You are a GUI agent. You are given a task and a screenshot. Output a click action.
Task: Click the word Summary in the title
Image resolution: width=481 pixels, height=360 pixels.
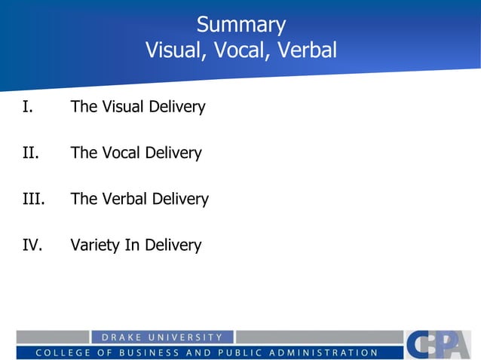click(240, 25)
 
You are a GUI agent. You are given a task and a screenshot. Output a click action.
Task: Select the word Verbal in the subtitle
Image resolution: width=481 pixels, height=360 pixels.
click(306, 50)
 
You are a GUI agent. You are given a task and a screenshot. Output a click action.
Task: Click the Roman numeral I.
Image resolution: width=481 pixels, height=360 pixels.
click(27, 107)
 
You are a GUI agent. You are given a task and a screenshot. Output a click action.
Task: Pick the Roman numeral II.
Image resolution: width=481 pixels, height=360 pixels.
click(29, 154)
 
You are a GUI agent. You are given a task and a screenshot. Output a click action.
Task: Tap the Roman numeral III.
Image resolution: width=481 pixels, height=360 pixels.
click(33, 200)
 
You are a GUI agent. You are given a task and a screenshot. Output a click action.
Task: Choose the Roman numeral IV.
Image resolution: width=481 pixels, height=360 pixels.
click(32, 246)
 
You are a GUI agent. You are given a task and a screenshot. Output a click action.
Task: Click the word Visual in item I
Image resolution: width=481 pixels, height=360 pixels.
click(121, 107)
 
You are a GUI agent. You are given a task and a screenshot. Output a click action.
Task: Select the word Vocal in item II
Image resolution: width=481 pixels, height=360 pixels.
click(121, 154)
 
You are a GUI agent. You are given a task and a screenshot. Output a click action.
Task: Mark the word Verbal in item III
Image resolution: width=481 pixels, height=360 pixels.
click(124, 200)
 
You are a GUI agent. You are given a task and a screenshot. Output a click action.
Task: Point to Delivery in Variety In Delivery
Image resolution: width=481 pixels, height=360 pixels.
click(173, 246)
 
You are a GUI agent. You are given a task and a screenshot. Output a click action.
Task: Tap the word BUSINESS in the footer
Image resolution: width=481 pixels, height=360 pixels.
click(146, 352)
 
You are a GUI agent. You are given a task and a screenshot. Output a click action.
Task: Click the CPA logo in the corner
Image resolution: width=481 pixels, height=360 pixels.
click(437, 344)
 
